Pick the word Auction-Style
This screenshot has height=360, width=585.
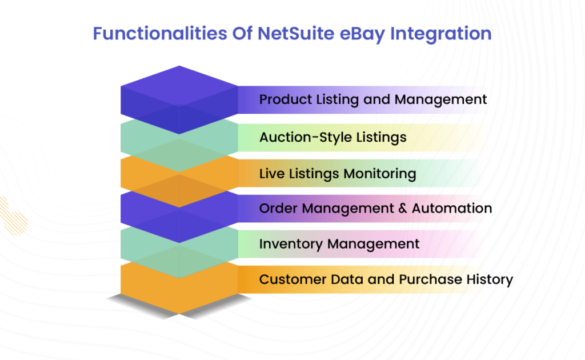coord(303,137)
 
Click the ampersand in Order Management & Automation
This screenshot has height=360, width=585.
coord(404,209)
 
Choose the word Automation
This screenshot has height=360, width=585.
coord(452,209)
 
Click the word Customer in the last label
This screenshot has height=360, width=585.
coord(291,279)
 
